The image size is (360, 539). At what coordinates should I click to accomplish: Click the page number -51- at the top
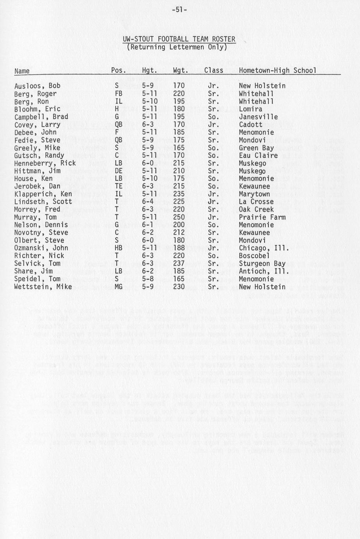[x=180, y=9]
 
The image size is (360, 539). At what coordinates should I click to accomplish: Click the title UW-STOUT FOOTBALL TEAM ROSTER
[x=179, y=39]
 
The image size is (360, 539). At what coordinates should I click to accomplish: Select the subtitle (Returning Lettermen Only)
[x=177, y=47]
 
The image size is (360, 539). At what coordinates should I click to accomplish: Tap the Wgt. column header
[x=181, y=71]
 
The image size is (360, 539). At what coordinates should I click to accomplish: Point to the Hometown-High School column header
[x=278, y=71]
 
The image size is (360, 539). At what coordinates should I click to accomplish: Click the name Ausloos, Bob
[x=37, y=86]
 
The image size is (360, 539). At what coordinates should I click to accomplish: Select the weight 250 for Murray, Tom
[x=179, y=217]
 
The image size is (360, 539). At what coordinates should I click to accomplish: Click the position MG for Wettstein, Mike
[x=118, y=287]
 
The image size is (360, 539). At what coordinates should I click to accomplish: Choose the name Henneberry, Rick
[x=45, y=163]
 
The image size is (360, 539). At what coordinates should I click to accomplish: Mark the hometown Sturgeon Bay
[x=262, y=264]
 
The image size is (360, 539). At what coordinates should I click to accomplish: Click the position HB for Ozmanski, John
[x=118, y=248]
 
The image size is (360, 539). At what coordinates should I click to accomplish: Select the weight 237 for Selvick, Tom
[x=179, y=264]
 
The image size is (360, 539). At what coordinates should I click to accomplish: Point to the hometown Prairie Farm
[x=262, y=217]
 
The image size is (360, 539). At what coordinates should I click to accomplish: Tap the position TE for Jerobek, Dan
[x=118, y=186]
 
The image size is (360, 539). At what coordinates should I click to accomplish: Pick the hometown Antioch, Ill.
[x=259, y=271]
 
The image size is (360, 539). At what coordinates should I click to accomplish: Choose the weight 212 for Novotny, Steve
[x=179, y=233]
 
